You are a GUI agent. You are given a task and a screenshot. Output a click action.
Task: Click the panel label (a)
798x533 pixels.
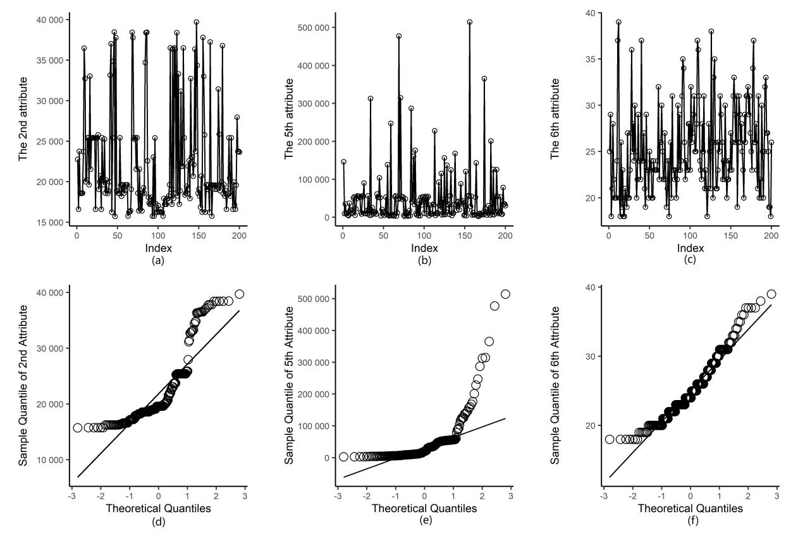click(158, 260)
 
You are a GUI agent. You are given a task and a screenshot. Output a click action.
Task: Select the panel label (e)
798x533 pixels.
click(424, 520)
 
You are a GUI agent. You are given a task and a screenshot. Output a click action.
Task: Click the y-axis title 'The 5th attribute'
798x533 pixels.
click(290, 118)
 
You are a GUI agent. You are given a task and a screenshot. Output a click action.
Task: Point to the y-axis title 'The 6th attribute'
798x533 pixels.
click(556, 118)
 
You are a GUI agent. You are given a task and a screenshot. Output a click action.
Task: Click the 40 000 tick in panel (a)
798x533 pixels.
click(50, 20)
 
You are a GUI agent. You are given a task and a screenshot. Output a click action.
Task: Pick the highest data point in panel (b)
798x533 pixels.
click(470, 22)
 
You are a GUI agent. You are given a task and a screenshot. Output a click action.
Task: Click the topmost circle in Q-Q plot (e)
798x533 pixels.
click(505, 294)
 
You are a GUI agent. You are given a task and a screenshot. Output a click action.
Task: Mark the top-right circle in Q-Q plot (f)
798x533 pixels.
click(771, 294)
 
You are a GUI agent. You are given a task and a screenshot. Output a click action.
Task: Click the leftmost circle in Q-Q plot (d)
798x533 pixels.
click(78, 428)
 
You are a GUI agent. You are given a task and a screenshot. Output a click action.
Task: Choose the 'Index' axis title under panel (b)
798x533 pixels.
click(424, 249)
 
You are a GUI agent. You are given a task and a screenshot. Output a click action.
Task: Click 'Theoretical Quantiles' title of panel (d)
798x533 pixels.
click(158, 508)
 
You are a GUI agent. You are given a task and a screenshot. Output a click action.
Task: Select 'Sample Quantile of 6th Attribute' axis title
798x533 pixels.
click(556, 386)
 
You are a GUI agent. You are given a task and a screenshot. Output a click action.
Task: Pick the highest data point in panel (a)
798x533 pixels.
click(197, 22)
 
